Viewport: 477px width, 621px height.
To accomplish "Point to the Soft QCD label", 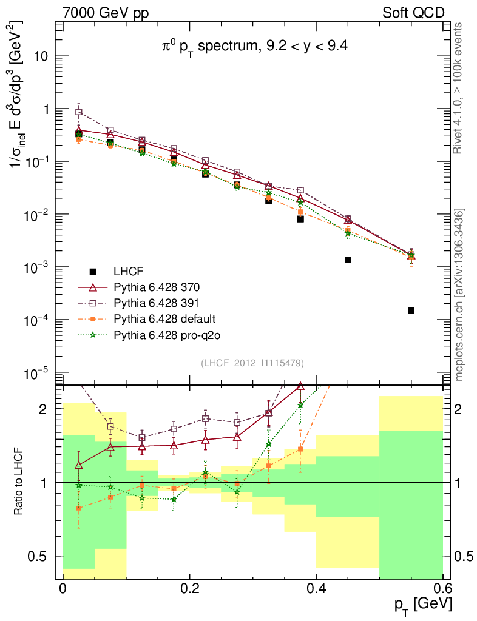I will coord(413,13).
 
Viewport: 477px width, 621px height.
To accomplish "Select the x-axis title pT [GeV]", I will coord(422,605).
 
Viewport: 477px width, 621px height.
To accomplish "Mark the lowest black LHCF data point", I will coord(411,310).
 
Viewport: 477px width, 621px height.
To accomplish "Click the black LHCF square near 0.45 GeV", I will coord(348,260).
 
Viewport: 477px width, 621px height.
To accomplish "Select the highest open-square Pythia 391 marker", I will coord(78,112).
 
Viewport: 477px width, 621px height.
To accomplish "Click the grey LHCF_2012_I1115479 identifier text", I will coord(252,363).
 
